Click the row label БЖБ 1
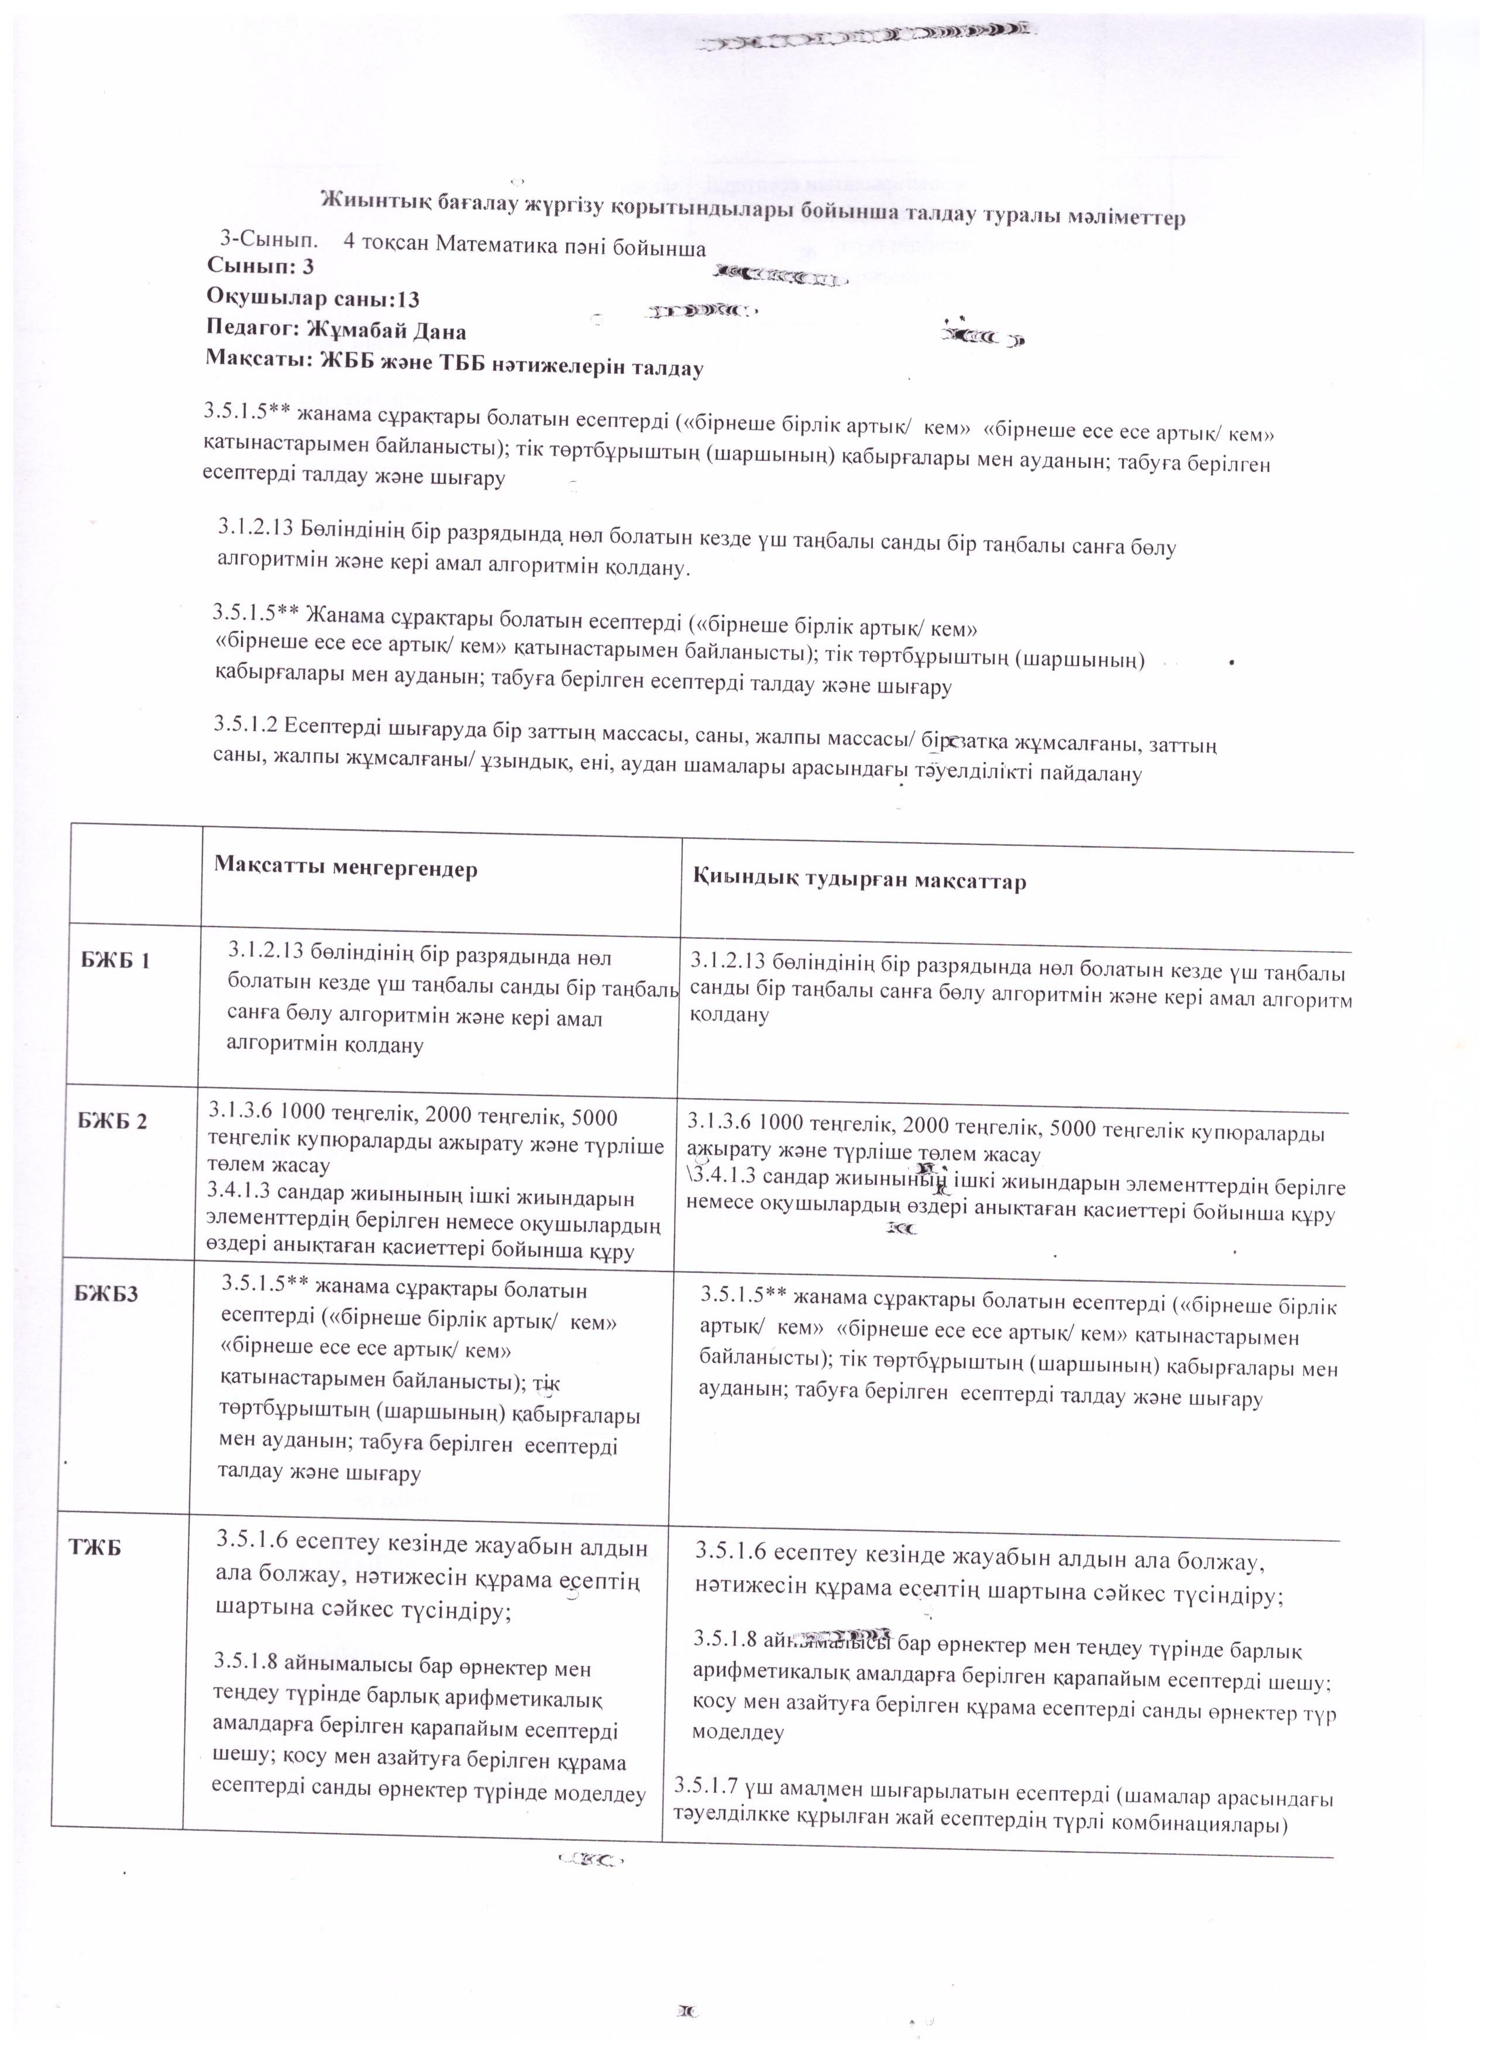115,960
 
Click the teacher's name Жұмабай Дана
387,330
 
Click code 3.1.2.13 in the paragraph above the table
254,527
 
